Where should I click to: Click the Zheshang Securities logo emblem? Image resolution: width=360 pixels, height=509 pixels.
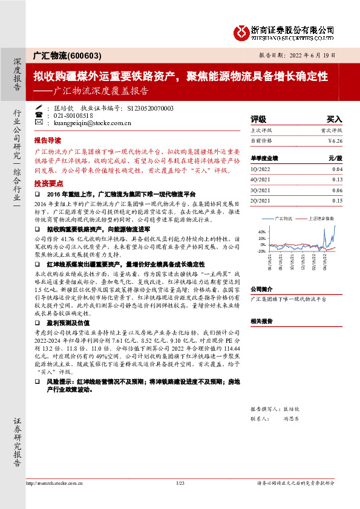pos(243,31)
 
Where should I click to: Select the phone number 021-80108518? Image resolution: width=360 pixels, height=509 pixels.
pos(73,115)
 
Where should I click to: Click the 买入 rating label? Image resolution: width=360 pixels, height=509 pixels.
pos(334,119)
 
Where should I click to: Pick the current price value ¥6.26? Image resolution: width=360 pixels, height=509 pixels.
pos(335,140)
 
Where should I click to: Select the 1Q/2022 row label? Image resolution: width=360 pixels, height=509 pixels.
pos(261,169)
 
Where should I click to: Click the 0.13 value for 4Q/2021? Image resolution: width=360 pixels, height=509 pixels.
pos(337,179)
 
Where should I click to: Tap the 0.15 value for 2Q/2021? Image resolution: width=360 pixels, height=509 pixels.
pos(337,200)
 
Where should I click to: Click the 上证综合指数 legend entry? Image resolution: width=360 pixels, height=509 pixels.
pos(320,218)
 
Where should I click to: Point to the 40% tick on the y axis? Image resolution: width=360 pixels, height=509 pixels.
pos(261,232)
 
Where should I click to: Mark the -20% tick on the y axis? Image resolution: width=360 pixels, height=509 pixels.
pos(261,251)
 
